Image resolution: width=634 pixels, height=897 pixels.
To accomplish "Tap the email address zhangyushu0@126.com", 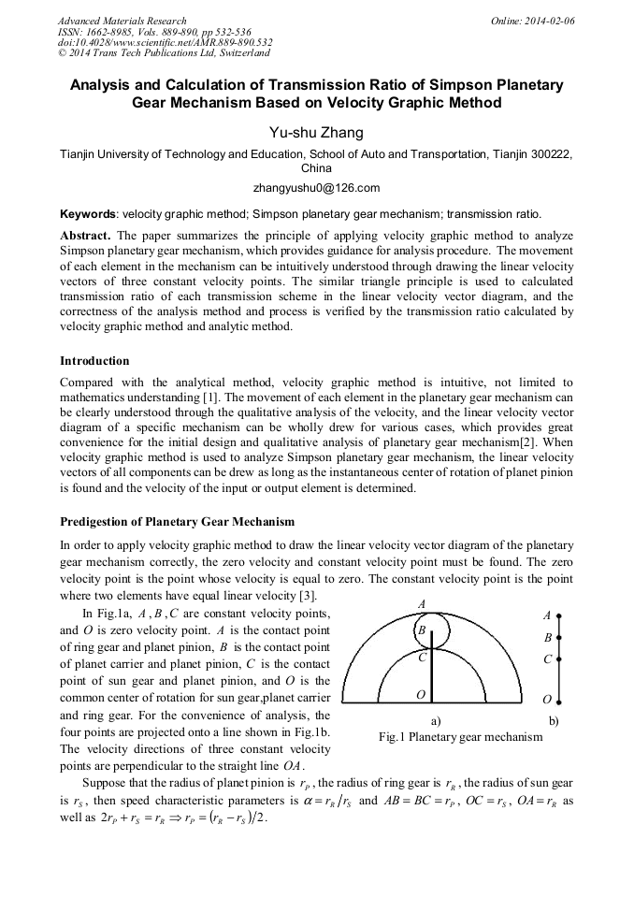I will point(317,188).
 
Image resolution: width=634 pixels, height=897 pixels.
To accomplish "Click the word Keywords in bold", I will point(88,213).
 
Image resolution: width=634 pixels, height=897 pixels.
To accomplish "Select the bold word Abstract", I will point(86,236).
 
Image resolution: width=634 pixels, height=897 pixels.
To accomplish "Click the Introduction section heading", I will point(94,360).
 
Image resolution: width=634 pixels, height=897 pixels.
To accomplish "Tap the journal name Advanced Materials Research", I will point(122,21).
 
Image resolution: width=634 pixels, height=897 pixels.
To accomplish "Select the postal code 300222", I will point(549,154).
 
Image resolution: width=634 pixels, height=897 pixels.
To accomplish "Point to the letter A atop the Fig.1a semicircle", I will point(422,603).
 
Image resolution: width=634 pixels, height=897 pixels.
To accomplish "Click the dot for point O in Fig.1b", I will point(559,700).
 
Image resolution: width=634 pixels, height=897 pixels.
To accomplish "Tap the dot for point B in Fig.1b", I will point(559,638).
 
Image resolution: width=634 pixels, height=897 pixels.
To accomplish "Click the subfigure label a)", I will point(435,721).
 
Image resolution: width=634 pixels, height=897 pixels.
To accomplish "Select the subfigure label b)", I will point(553,721).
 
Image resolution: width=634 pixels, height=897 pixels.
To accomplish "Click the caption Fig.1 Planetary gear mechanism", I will point(460,737).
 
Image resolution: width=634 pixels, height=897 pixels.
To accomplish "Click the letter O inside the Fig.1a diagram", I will point(421,695).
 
